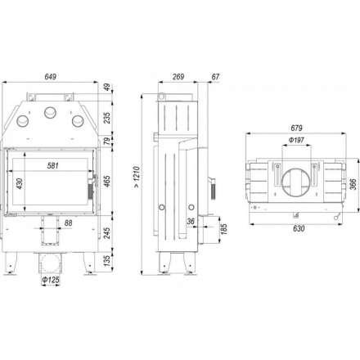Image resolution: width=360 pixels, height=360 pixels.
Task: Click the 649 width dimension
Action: (51, 77)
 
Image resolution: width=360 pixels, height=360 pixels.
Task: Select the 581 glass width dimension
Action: (52, 165)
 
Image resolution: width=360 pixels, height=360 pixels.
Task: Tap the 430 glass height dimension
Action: (19, 183)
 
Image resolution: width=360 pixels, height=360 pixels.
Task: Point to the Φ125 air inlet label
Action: (51, 280)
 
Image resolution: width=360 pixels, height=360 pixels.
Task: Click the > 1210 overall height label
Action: (137, 177)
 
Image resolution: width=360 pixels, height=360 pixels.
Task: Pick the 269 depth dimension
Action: (178, 77)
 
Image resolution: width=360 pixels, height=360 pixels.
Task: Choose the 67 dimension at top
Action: (215, 77)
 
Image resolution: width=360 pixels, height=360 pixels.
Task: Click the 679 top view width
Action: (296, 128)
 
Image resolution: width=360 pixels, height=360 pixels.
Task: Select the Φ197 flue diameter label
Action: (296, 141)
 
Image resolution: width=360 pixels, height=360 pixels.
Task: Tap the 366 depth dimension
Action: (353, 184)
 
